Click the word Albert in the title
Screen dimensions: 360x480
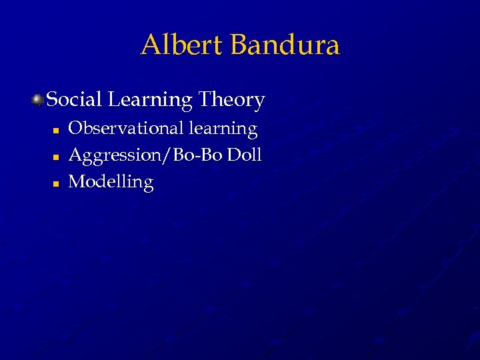pos(183,45)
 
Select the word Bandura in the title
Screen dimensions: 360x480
pos(285,45)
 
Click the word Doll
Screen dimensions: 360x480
pos(243,155)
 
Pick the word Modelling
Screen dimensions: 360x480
pos(111,182)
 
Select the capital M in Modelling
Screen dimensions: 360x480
pos(77,181)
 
